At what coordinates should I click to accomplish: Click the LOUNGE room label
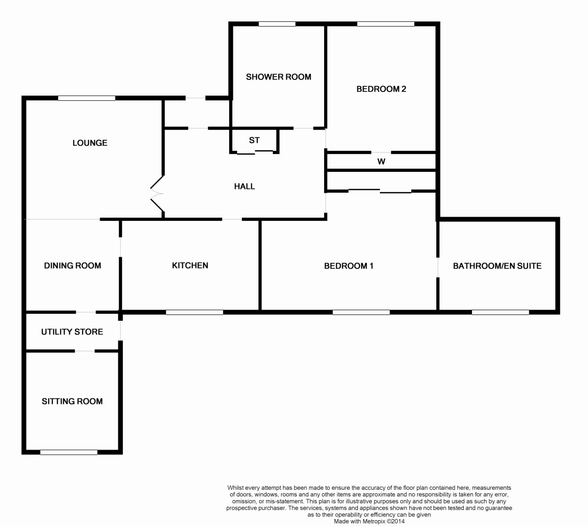pos(90,143)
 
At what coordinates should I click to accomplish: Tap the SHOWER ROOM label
pos(278,77)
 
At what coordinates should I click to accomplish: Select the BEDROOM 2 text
pos(381,89)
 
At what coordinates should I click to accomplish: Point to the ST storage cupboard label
pos(254,140)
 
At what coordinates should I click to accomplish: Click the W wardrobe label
pos(381,161)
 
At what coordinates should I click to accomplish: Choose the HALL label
pos(244,186)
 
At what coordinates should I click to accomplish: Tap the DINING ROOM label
pos(73,265)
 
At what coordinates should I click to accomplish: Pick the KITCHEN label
pos(190,265)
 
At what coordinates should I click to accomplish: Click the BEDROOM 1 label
pos(348,266)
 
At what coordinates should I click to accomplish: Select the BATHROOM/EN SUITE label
pos(497,266)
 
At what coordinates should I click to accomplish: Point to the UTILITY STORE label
pos(72,332)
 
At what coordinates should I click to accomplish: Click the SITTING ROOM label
pos(72,401)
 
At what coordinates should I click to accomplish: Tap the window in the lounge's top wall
pos(87,98)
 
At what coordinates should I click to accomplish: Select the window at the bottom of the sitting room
pos(69,452)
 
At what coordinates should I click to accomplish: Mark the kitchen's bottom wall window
pos(194,312)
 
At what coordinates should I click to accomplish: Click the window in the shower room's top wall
pos(277,24)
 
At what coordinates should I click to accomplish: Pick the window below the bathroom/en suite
pos(500,312)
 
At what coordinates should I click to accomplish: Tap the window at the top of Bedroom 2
pos(386,24)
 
